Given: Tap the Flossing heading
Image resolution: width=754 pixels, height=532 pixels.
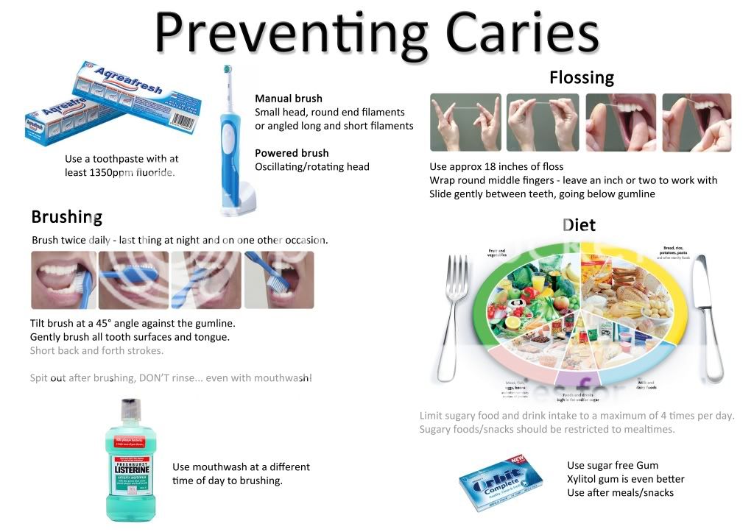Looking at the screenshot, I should coord(581,77).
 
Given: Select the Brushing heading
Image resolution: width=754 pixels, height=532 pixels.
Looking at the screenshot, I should coord(66,217).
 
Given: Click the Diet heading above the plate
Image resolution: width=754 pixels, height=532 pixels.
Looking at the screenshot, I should coord(579,224).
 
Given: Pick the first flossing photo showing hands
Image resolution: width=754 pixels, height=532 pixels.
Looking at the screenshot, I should coord(465,122).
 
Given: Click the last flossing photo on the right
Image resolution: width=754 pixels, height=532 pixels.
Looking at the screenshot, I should coord(697,122).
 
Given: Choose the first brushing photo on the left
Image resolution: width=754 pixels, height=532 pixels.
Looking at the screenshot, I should coord(63,280).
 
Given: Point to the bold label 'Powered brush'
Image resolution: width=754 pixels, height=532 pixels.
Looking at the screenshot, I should coord(292,153).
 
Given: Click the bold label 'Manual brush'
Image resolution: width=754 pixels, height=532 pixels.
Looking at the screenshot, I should coord(289,99).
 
